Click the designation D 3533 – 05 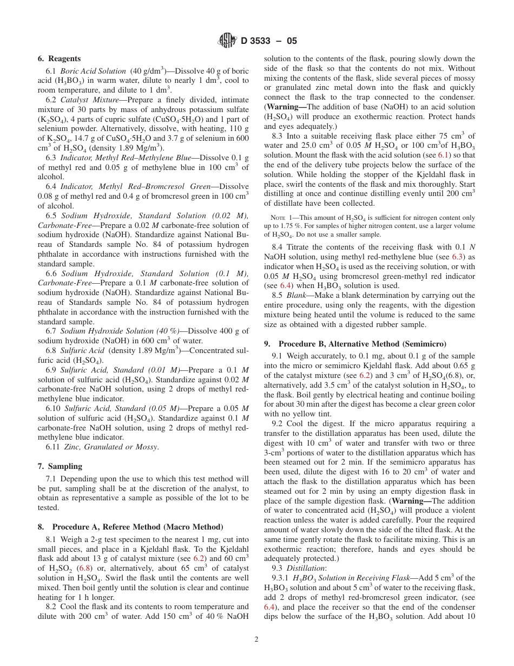coord(268,41)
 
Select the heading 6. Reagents coord(59,58)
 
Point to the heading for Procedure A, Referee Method coord(130,527)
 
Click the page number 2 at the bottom coord(256,639)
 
